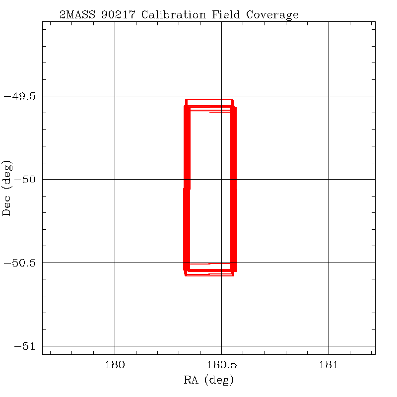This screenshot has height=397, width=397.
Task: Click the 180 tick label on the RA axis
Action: pyautogui.click(x=115, y=365)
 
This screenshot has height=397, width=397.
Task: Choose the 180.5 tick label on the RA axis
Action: pyautogui.click(x=221, y=365)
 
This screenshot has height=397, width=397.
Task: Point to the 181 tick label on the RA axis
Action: pyautogui.click(x=329, y=365)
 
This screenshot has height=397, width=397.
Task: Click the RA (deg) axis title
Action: pyautogui.click(x=208, y=381)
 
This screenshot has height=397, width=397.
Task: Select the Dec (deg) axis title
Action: pyautogui.click(x=7, y=188)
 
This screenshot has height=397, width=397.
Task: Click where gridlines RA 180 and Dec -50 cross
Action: pyautogui.click(x=115, y=179)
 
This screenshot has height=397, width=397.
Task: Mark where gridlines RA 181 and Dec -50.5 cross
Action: pyautogui.click(x=329, y=263)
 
